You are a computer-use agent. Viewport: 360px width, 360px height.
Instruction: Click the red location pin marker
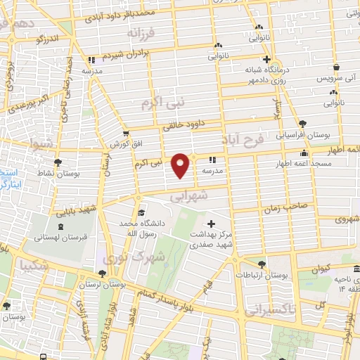[x=181, y=165]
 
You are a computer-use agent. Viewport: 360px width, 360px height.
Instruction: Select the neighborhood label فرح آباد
[x=243, y=139]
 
